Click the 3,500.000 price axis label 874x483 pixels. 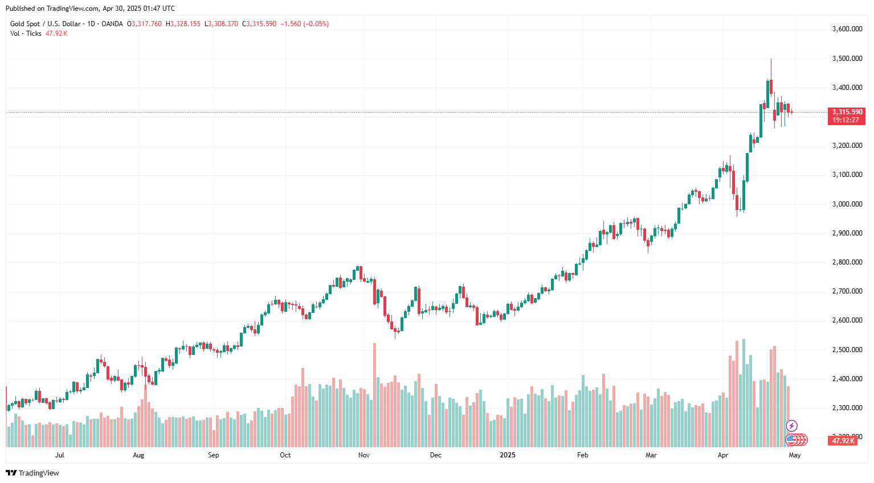pos(847,59)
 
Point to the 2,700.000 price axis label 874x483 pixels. pos(847,291)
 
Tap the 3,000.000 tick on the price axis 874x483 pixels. pos(847,204)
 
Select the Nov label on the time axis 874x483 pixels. pos(364,455)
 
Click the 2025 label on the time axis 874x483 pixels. pos(507,455)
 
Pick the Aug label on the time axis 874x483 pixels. pos(138,455)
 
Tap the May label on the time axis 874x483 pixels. pos(794,455)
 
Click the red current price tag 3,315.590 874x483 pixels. pos(847,112)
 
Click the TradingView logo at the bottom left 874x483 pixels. pos(32,473)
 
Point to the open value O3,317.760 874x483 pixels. pos(145,24)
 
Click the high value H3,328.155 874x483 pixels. pos(183,24)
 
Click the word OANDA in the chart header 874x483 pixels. pos(112,24)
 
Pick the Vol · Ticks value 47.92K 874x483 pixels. pos(56,34)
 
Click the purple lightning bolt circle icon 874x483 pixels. pos(791,426)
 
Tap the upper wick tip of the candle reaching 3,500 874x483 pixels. pos(771,59)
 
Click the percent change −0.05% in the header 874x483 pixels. pos(317,24)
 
